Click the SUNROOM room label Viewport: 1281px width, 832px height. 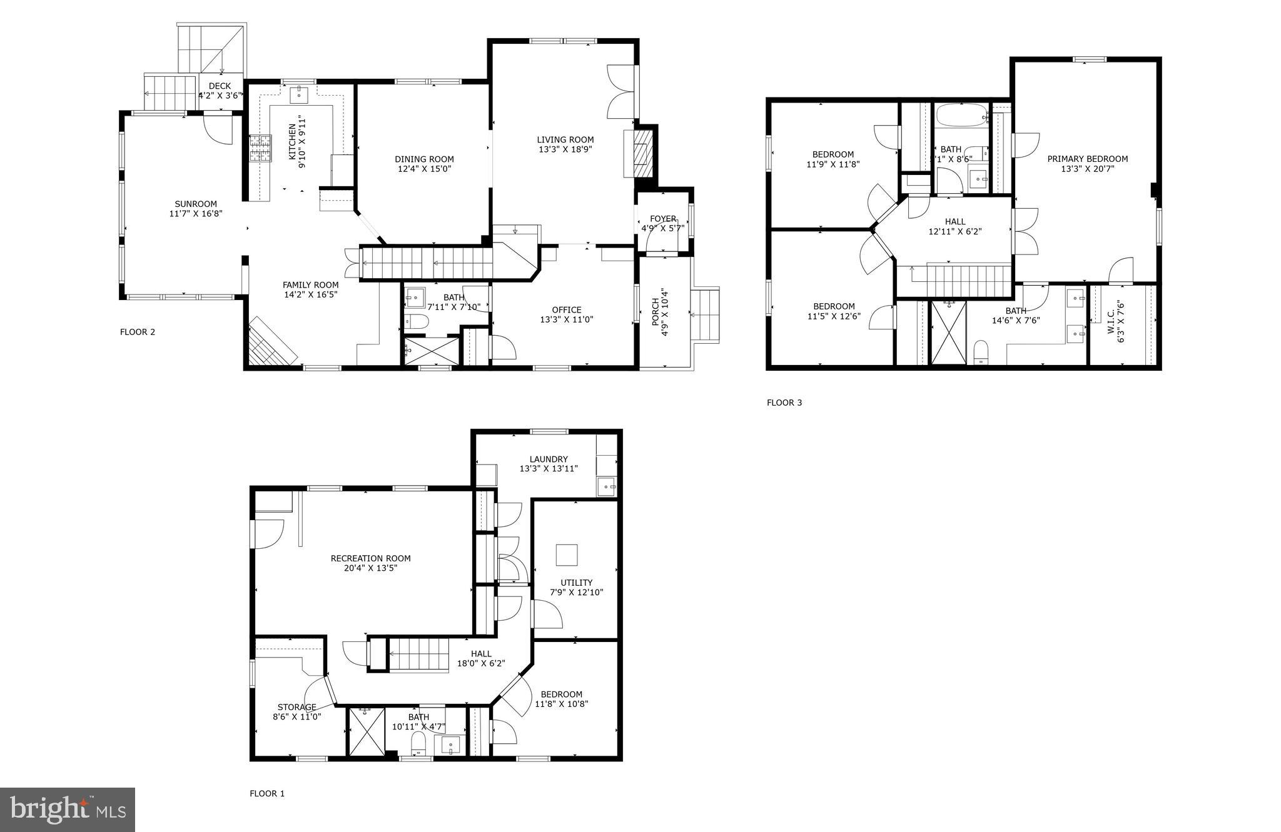pos(196,204)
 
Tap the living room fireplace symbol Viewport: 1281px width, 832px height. pos(640,154)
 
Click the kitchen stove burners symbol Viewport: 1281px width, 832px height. pos(260,149)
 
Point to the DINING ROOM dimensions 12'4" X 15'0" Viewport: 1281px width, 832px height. pos(424,169)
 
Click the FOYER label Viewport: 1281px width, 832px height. pos(662,219)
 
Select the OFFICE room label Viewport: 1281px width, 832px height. pos(566,310)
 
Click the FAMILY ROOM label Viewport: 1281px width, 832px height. pos(310,285)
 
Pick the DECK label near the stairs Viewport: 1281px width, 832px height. pos(220,86)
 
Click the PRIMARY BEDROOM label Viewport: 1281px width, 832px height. pos(1087,159)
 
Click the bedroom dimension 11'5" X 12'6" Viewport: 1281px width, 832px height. pos(834,316)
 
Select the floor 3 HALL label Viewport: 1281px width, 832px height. pos(954,221)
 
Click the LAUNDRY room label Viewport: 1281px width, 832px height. pos(548,459)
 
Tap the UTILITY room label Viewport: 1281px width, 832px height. pos(576,583)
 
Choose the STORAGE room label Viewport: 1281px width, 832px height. pos(296,707)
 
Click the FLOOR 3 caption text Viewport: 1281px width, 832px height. pos(784,403)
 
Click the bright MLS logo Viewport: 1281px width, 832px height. pos(68,811)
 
